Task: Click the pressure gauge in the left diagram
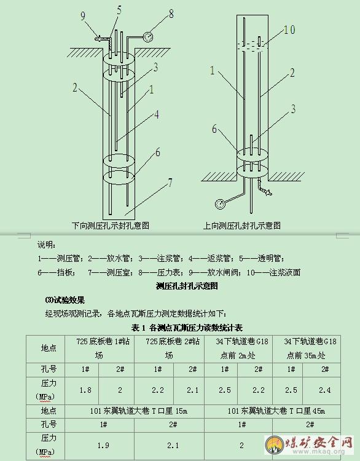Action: point(148,37)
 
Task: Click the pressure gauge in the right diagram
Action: point(220,203)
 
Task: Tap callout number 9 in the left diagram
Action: point(83,15)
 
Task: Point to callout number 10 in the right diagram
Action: point(289,30)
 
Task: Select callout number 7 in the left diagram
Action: point(170,183)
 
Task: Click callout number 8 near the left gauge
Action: point(171,14)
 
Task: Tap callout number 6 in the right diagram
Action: point(214,129)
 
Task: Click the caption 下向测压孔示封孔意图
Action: point(111,226)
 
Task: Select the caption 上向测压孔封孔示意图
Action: point(242,226)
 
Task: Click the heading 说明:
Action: point(47,245)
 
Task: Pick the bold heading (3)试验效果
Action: point(65,300)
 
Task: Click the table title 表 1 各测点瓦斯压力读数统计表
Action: point(187,328)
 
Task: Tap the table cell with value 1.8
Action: point(85,390)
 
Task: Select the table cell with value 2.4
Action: point(325,390)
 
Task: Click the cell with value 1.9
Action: point(103,446)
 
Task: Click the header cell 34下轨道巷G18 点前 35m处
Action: point(307,349)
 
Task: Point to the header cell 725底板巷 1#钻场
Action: point(100,349)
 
